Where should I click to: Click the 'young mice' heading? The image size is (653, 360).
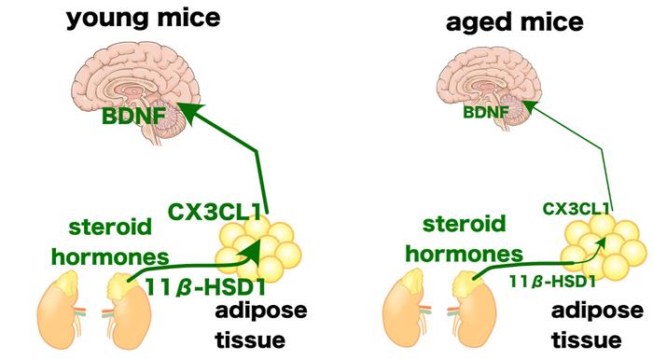[x=143, y=20]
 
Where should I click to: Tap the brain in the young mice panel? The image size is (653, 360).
[x=136, y=92]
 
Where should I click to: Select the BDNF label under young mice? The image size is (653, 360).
[x=133, y=116]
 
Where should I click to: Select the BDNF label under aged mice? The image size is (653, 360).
[x=486, y=112]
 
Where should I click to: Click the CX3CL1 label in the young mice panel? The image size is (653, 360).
[x=214, y=212]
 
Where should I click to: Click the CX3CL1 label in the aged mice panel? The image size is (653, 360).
[x=576, y=209]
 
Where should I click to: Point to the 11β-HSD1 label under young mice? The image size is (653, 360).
[x=205, y=287]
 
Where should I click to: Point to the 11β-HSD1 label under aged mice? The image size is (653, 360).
[x=552, y=282]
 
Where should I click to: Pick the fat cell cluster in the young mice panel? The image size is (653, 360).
[x=258, y=249]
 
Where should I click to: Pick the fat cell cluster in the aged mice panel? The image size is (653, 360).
[x=603, y=246]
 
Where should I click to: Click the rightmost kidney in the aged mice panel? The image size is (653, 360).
[x=474, y=309]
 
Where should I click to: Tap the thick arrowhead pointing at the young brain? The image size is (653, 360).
[x=190, y=113]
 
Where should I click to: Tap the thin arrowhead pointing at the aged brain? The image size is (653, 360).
[x=529, y=108]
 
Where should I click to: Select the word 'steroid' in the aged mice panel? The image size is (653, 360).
[x=464, y=225]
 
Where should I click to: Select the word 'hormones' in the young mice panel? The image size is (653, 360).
[x=110, y=256]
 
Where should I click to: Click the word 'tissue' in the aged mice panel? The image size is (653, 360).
[x=587, y=339]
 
